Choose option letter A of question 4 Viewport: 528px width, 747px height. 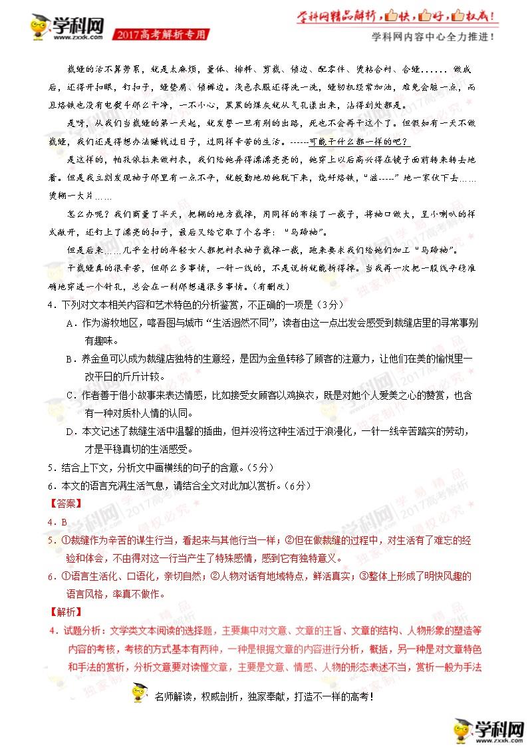pos(70,323)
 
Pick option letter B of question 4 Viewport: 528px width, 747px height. pos(70,359)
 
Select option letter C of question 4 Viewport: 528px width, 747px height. pos(70,395)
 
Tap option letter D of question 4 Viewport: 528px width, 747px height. pos(70,431)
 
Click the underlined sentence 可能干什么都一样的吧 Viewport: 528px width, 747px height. pos(358,142)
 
